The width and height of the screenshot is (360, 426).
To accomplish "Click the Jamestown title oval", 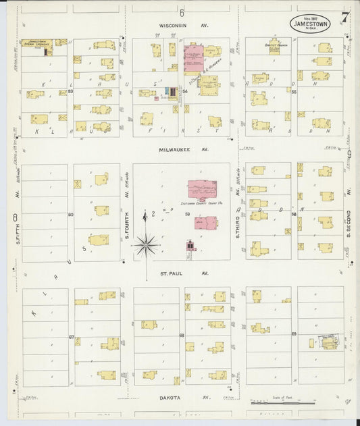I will (x=311, y=22).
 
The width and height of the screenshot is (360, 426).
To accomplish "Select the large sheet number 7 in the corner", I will (x=345, y=18).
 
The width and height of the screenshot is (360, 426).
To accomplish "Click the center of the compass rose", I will (x=147, y=244).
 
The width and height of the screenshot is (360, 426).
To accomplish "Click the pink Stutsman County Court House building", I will (x=202, y=189).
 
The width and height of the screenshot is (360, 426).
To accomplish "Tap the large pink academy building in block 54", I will (x=193, y=59).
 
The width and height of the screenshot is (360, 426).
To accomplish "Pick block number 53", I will (x=70, y=90).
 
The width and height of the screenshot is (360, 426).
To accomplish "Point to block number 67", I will (x=70, y=336).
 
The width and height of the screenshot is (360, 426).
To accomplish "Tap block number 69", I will (x=294, y=334).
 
